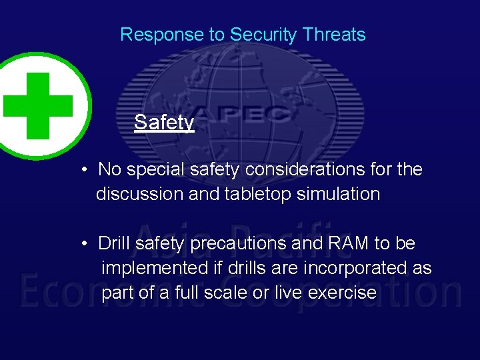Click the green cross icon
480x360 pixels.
[38, 106]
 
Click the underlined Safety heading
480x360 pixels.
[164, 122]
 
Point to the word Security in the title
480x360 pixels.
[261, 35]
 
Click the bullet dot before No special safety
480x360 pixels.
[85, 170]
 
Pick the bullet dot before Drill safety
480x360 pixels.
[85, 244]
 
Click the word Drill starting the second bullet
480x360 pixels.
[114, 243]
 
